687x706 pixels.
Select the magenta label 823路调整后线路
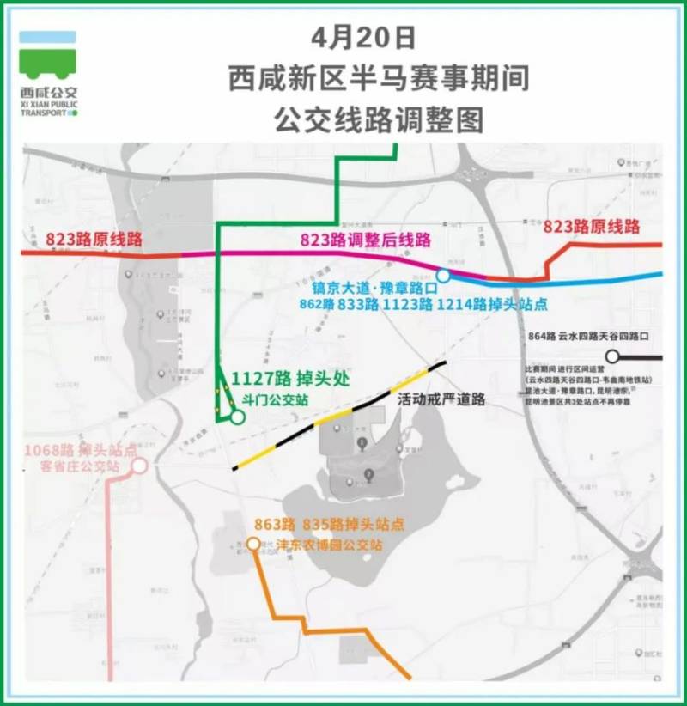(x=365, y=240)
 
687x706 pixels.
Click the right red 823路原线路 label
(x=592, y=227)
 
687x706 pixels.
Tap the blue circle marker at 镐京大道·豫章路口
(x=443, y=276)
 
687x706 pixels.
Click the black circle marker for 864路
(x=612, y=356)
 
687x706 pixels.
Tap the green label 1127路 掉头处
(x=289, y=379)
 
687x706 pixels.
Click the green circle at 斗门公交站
(x=236, y=417)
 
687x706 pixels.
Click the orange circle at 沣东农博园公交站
(x=253, y=543)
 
